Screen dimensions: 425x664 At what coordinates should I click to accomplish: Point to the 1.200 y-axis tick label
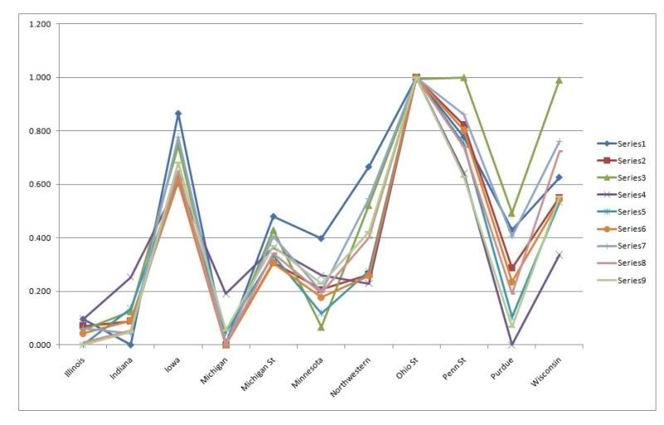(39, 24)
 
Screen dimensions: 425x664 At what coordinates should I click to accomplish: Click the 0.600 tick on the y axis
(39, 184)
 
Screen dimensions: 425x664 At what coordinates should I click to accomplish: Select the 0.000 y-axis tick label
(39, 344)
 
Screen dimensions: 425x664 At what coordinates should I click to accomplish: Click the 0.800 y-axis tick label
(39, 131)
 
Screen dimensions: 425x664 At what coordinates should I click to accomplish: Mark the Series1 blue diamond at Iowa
(178, 114)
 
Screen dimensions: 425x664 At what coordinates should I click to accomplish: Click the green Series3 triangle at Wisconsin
(559, 80)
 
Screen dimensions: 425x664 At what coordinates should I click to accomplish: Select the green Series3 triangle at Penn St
(464, 77)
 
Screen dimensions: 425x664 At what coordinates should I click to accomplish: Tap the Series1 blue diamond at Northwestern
(369, 167)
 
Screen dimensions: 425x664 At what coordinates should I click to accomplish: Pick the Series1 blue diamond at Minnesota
(320, 238)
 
